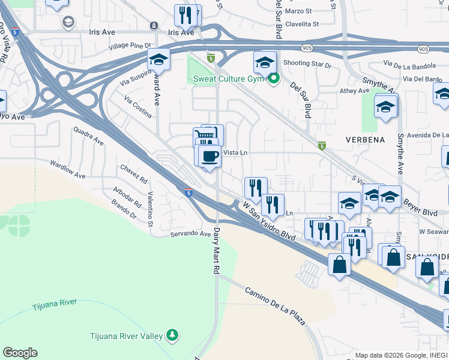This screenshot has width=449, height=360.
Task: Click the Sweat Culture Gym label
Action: coord(229,79)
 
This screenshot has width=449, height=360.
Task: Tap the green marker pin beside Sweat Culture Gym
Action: coord(274,78)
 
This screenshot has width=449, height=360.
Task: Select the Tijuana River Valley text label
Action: coord(126,336)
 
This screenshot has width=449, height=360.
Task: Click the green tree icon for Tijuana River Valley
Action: coord(172,334)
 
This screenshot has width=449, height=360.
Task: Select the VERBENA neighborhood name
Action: coord(365,139)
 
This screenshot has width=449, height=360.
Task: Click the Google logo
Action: coord(20,353)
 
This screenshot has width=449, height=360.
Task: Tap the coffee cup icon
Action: coord(209,156)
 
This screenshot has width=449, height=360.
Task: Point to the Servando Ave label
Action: coord(191,234)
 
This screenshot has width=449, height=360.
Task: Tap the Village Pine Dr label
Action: coord(130,46)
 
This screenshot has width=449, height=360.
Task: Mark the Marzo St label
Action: coord(298,11)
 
